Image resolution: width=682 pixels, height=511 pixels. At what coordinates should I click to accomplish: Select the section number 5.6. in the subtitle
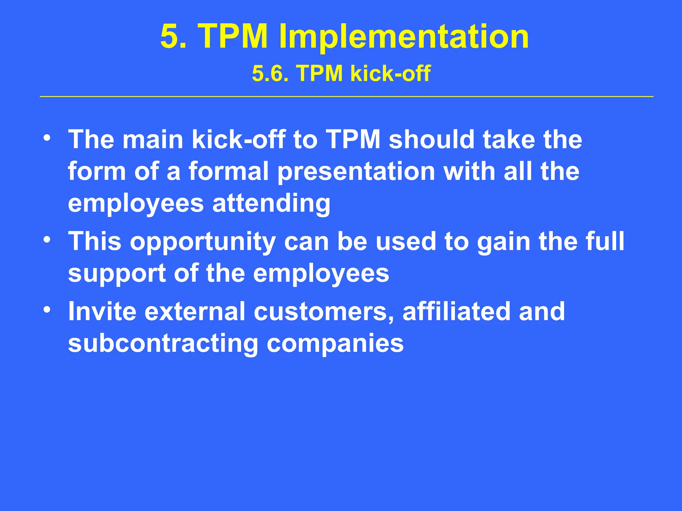(270, 74)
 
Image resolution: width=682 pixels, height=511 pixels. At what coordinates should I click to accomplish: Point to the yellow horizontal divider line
(346, 96)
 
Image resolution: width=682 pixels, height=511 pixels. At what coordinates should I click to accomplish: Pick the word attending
(271, 204)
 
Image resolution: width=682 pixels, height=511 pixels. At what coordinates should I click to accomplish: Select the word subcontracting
(163, 344)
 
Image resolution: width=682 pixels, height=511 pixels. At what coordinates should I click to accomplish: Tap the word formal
(228, 172)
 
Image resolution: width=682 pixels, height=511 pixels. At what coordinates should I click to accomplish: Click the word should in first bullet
(432, 139)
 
